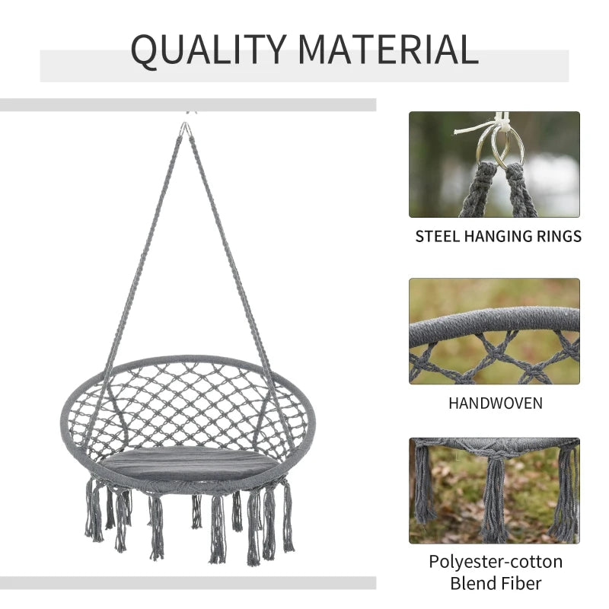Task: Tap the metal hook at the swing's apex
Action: coord(185,129)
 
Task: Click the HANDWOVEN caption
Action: coord(495,403)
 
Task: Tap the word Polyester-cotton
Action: coord(495,562)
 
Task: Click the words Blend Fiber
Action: coord(495,584)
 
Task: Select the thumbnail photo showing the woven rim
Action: coord(494,331)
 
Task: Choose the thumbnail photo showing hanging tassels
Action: coord(494,490)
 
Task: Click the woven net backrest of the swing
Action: coord(190,403)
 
